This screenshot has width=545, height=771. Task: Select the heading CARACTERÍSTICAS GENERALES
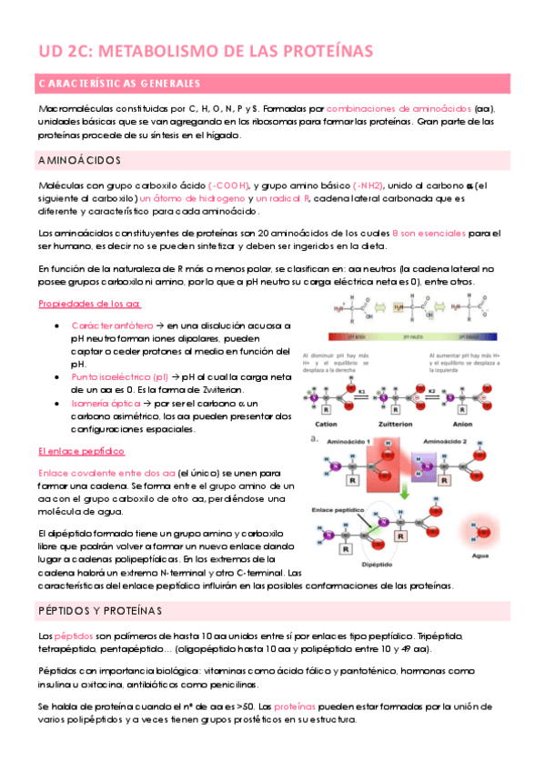tap(119, 85)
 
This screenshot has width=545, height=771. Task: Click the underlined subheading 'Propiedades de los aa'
tap(86, 304)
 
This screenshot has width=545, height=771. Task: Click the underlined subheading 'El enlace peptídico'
tap(81, 451)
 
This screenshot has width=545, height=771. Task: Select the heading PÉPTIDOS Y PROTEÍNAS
tap(99, 609)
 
